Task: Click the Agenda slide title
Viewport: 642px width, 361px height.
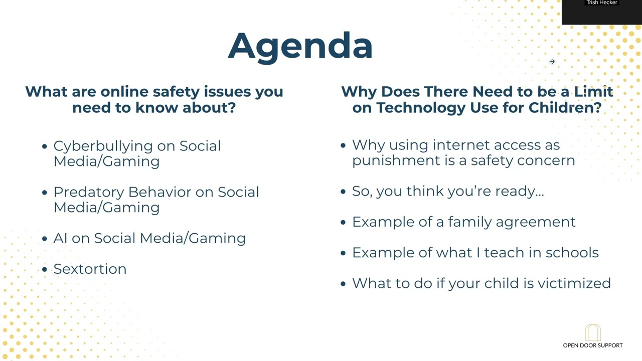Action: pos(300,46)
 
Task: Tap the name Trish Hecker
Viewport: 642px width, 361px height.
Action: pos(601,3)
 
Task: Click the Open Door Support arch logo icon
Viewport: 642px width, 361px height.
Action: pos(592,332)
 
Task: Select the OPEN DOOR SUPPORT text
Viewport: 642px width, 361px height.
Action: pos(592,345)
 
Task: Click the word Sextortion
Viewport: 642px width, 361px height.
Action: pos(90,269)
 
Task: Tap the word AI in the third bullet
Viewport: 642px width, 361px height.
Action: pos(60,238)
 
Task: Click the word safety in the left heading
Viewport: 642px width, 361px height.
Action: pos(176,92)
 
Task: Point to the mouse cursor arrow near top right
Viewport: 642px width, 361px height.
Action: pos(552,62)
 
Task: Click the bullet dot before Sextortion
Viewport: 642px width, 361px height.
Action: pos(45,270)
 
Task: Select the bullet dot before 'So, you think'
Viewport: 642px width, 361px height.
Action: pos(343,192)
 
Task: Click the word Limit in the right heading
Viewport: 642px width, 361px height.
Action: pos(593,92)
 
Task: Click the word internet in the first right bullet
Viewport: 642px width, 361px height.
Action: pos(461,145)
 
